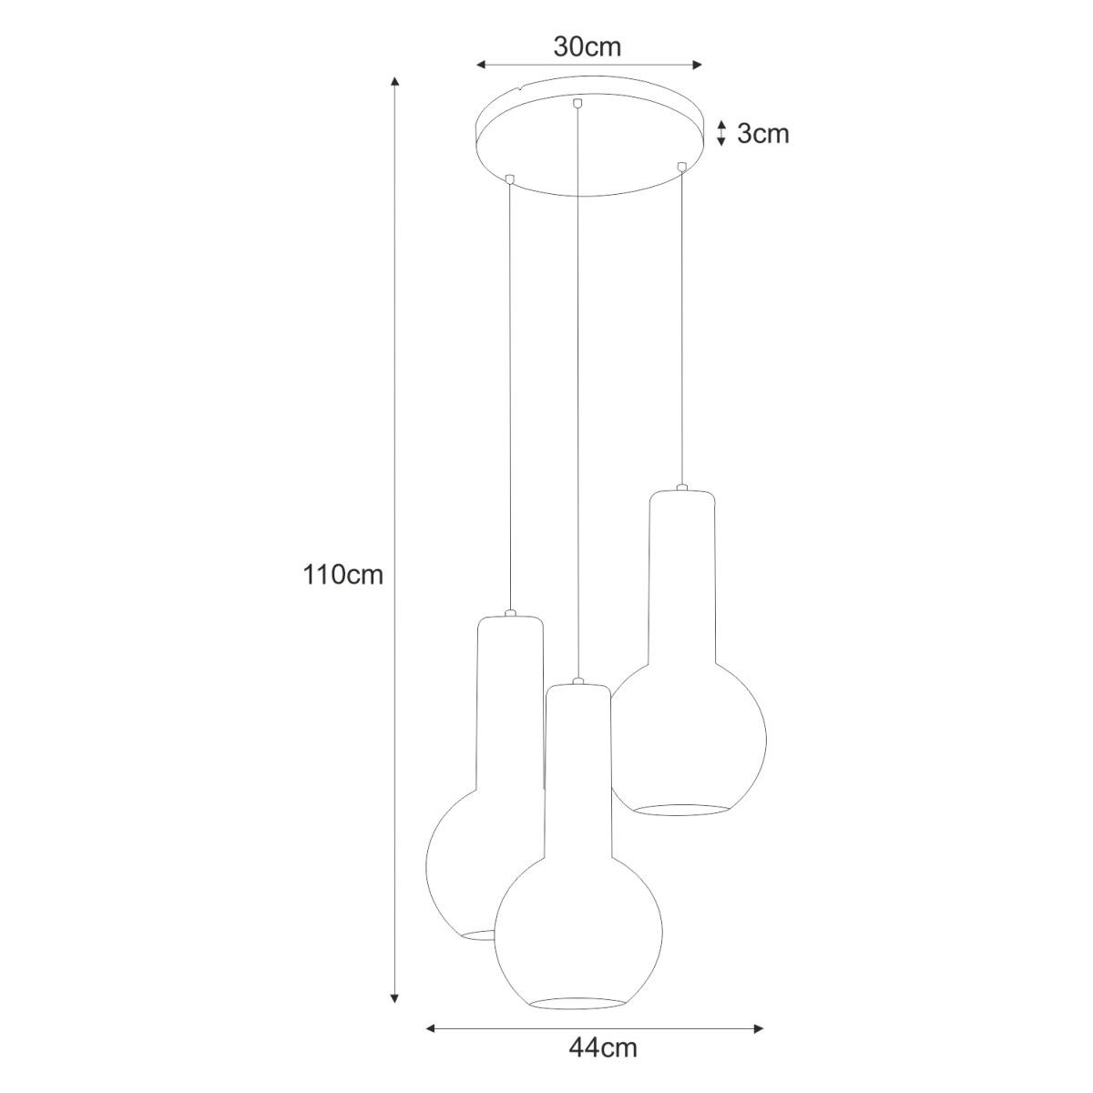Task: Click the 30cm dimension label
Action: coord(587,47)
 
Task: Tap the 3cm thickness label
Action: coord(763,134)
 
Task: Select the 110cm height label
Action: coord(343,575)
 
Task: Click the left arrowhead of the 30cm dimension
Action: coord(481,66)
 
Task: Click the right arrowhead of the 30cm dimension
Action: coord(697,66)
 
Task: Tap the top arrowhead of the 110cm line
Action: coord(395,80)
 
